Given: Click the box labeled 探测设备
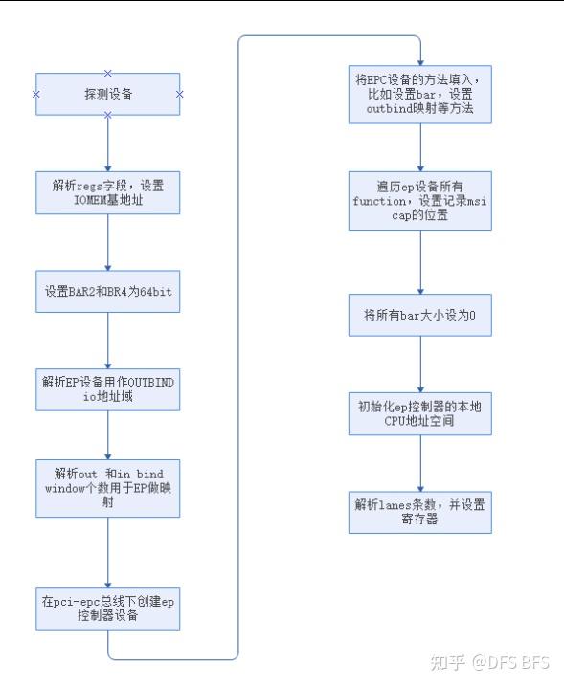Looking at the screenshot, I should pyautogui.click(x=107, y=94).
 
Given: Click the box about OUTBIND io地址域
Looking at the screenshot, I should pyautogui.click(x=107, y=389).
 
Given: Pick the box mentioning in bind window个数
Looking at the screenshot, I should pyautogui.click(x=107, y=488).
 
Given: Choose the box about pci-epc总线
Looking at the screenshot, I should pyautogui.click(x=107, y=607).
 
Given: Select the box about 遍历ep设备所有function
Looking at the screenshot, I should pyautogui.click(x=419, y=201).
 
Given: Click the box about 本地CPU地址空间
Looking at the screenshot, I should pyautogui.click(x=419, y=412).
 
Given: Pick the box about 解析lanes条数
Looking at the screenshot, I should pyautogui.click(x=419, y=511).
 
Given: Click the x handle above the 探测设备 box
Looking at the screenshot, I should pyautogui.click(x=107, y=73).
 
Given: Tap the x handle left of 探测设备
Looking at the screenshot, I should pyautogui.click(x=35, y=94).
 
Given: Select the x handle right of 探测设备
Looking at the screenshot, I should pyautogui.click(x=179, y=94).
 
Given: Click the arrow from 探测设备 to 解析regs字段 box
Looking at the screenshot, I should pyautogui.click(x=107, y=144).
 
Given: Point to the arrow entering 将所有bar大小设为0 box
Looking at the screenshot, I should pyautogui.click(x=419, y=268).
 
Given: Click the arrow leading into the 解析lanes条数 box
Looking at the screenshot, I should pyautogui.click(x=419, y=463).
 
